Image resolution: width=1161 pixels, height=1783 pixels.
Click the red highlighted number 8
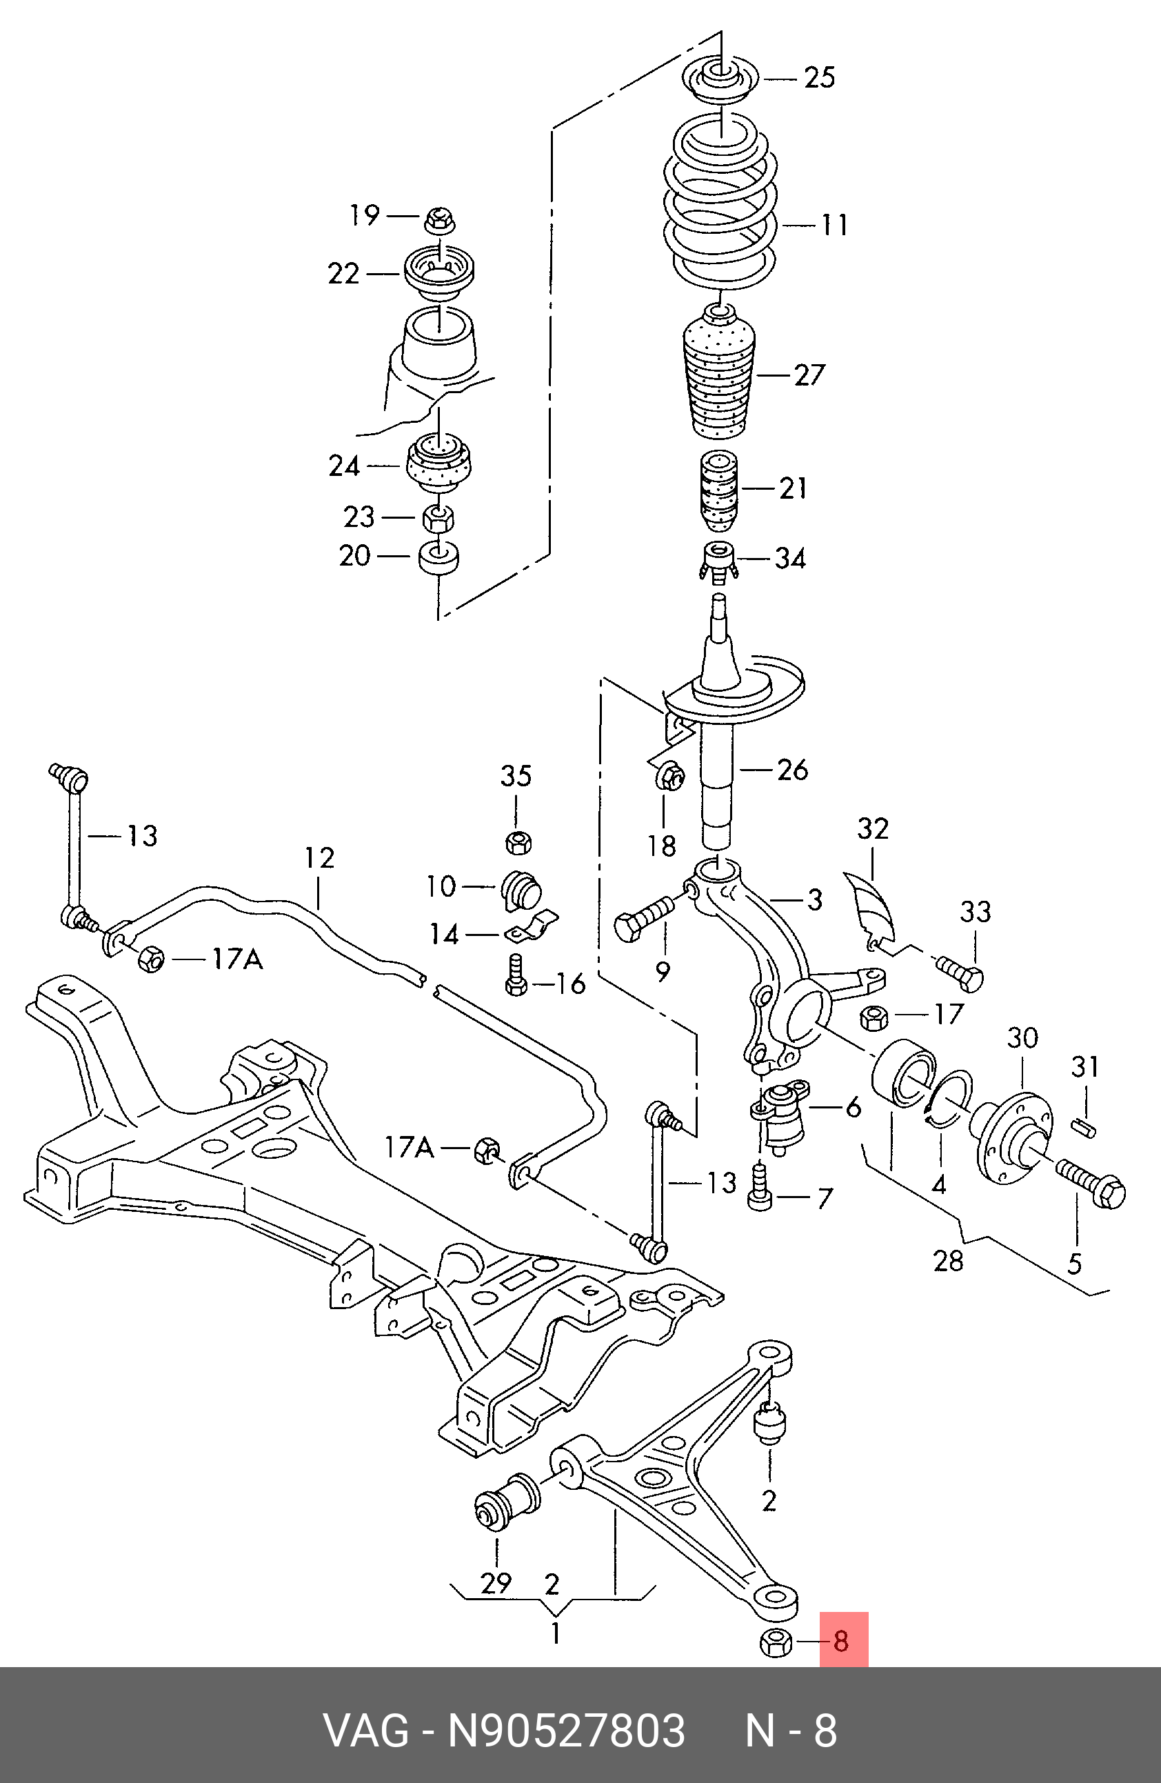pyautogui.click(x=842, y=1641)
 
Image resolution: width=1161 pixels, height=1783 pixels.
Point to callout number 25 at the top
pyautogui.click(x=820, y=77)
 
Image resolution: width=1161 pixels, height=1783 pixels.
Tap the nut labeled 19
pyautogui.click(x=440, y=220)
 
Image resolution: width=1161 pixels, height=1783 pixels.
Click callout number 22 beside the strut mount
pyautogui.click(x=344, y=275)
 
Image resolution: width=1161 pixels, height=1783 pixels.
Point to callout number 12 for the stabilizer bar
pyautogui.click(x=320, y=858)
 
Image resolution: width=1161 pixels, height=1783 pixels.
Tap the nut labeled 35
pyautogui.click(x=517, y=843)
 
